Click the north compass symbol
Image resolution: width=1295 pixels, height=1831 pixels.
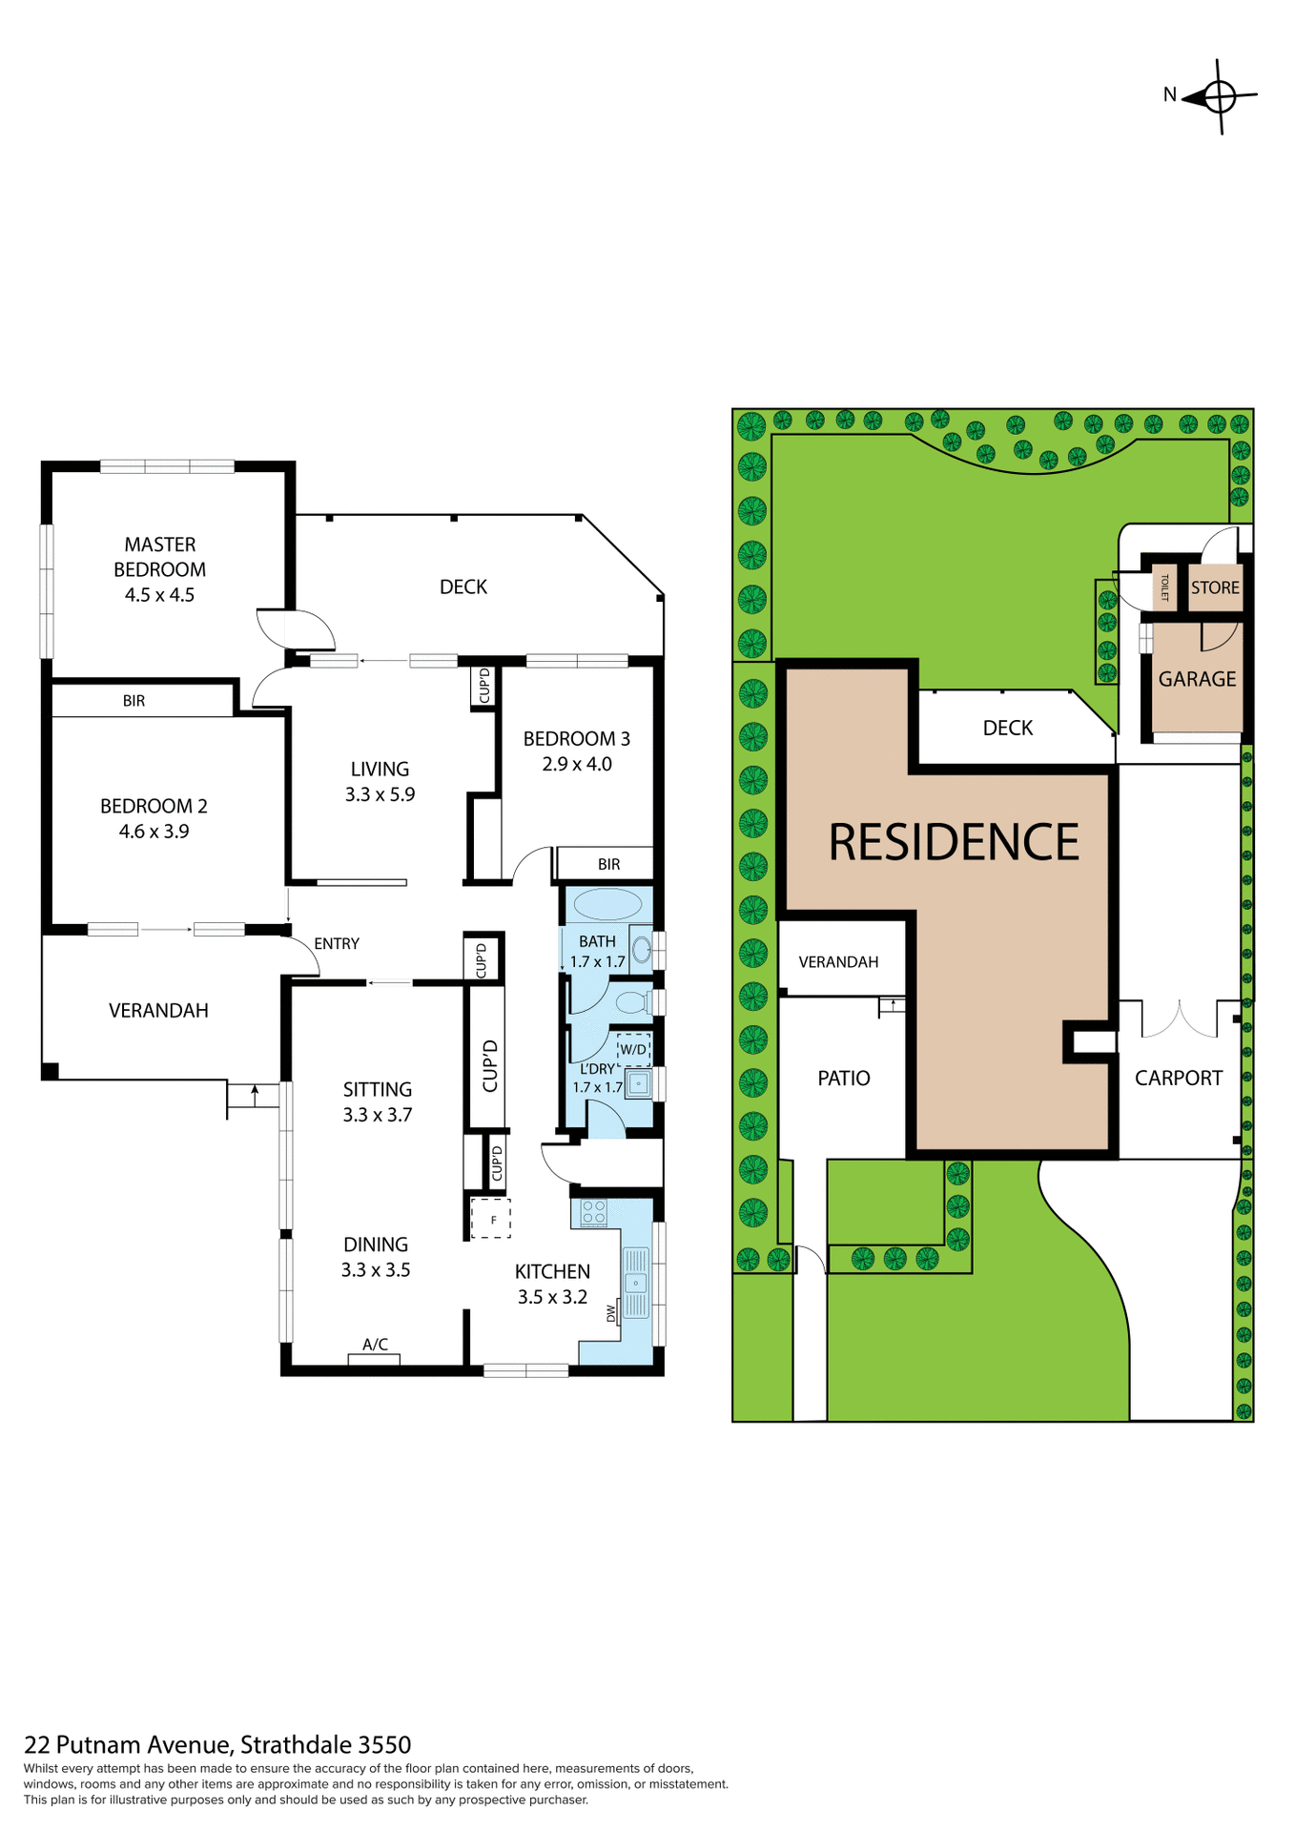(x=1219, y=96)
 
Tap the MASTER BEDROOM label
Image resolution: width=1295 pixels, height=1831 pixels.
(x=159, y=557)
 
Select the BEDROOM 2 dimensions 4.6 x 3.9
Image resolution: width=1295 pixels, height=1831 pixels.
(x=154, y=832)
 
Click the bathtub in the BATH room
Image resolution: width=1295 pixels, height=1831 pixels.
(x=607, y=904)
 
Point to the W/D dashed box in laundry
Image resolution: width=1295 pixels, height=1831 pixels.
(x=633, y=1049)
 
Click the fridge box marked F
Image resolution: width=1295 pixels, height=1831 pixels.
(x=491, y=1219)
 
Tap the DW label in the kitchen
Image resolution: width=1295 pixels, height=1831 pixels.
(x=611, y=1313)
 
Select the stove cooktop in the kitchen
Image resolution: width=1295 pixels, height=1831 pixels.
(x=593, y=1212)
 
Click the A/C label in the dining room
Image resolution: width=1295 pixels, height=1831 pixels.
(x=375, y=1345)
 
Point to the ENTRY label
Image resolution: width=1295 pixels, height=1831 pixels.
(x=337, y=943)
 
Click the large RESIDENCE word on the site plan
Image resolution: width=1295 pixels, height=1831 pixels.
(x=954, y=842)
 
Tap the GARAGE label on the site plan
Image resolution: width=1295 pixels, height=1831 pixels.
(x=1197, y=679)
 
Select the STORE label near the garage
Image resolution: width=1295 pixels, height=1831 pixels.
(x=1215, y=587)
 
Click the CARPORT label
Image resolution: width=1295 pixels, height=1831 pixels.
(x=1178, y=1078)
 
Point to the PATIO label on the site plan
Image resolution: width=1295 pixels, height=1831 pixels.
(x=844, y=1078)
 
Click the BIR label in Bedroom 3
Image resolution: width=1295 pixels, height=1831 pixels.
(x=608, y=864)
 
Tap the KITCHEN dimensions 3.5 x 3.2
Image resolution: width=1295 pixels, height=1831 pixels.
(x=552, y=1297)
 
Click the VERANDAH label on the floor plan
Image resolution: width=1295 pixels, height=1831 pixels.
(x=158, y=1010)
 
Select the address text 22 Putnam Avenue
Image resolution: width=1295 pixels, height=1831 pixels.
(x=128, y=1744)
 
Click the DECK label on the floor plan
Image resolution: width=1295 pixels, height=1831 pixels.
(x=463, y=586)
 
